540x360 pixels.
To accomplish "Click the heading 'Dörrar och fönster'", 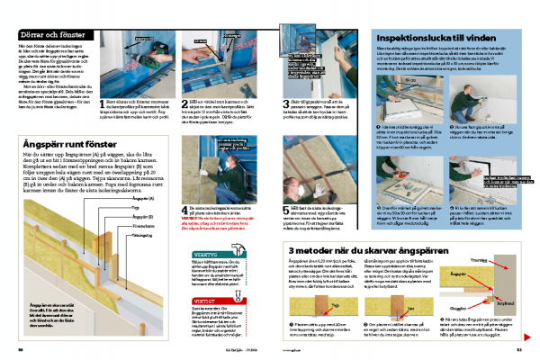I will point(53,33).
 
